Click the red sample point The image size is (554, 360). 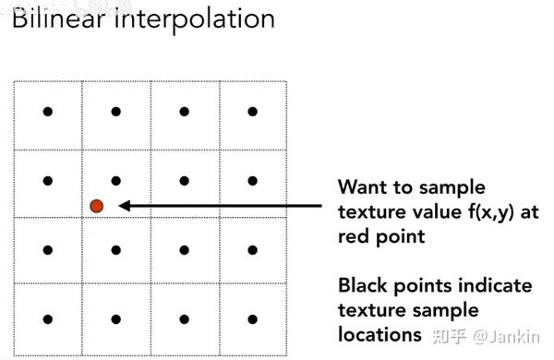click(x=96, y=206)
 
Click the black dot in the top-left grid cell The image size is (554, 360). click(x=48, y=112)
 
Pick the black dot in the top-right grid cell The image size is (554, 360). click(x=252, y=112)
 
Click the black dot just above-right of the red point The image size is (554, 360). click(x=116, y=180)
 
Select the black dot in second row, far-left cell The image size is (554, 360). click(x=48, y=180)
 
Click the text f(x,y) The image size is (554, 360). click(x=481, y=210)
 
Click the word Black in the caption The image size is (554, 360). click(x=363, y=284)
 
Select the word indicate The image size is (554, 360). click(x=498, y=284)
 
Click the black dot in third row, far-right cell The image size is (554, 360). click(x=252, y=248)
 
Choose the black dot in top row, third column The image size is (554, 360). click(x=184, y=112)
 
